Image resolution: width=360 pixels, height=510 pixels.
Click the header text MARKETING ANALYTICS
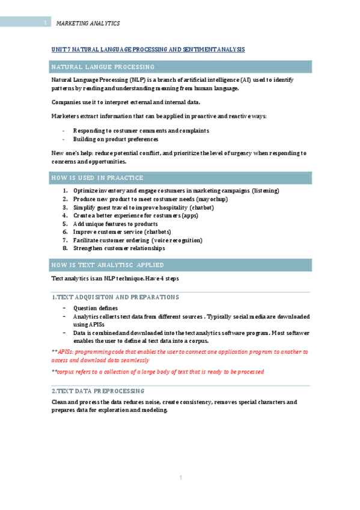88,23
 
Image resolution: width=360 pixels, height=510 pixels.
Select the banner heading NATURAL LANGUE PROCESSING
103,67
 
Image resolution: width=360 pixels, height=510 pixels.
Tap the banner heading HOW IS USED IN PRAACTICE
98,178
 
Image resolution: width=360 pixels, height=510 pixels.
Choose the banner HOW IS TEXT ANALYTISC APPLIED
108,265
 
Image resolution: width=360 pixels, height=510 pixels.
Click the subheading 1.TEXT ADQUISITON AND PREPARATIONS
115,297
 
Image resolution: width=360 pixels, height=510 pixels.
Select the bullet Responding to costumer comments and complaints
141,131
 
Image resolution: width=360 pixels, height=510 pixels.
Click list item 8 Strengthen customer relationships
118,248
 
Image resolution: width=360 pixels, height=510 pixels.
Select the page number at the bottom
180,478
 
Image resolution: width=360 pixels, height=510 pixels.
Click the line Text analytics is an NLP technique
115,278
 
